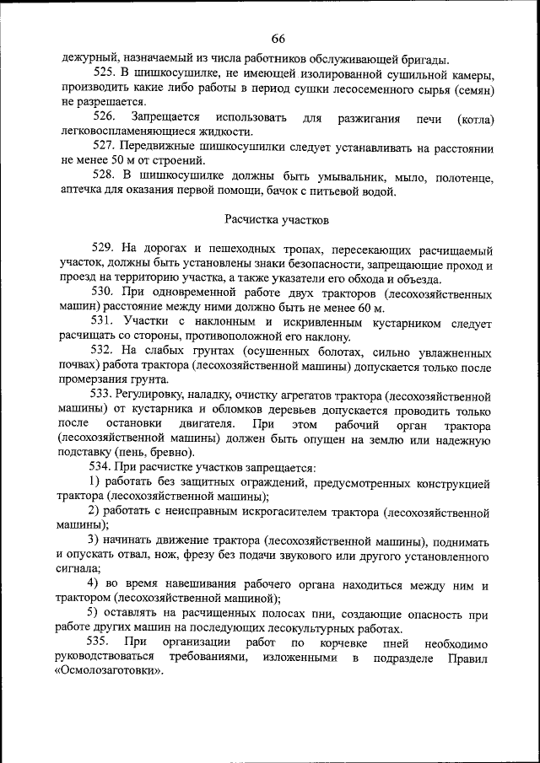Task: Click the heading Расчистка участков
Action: (x=277, y=219)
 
